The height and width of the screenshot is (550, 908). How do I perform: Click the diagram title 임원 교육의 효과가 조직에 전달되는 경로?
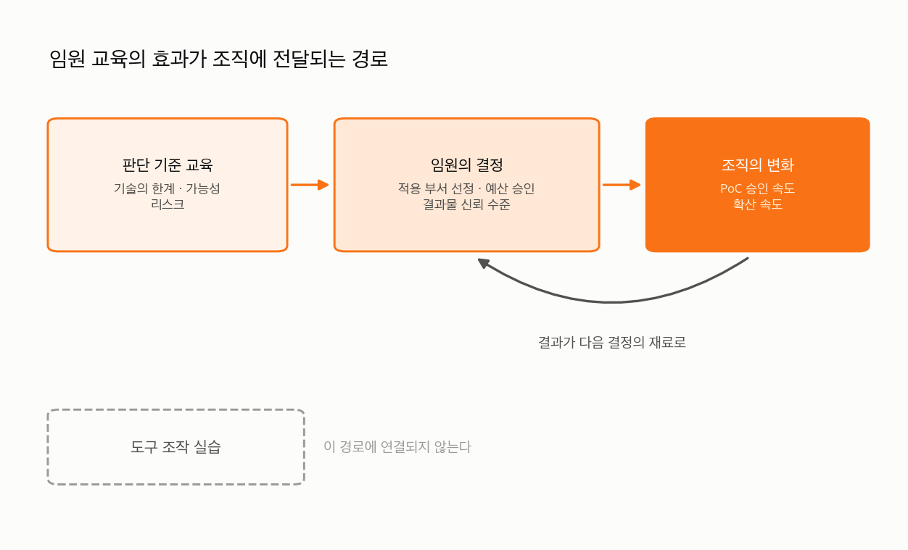coord(218,59)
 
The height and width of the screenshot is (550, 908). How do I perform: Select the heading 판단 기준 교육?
coord(168,164)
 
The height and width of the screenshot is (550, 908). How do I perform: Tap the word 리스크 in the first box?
coord(168,204)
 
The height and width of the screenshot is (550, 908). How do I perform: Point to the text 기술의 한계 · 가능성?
coord(167,188)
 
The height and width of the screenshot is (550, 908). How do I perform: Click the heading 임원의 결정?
coord(466,164)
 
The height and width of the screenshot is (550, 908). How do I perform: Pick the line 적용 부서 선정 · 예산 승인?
coord(466,188)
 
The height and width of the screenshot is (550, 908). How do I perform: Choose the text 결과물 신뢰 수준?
coord(466,204)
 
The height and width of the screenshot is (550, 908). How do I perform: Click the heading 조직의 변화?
coord(758,164)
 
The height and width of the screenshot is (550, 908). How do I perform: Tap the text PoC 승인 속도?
coord(757,188)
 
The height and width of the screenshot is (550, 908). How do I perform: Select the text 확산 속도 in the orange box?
coord(757,204)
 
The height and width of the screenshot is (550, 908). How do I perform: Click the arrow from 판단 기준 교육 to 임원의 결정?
coord(310,185)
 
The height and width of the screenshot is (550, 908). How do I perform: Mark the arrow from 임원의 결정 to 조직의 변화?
coord(622,185)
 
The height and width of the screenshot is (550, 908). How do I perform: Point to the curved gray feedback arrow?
coord(612,302)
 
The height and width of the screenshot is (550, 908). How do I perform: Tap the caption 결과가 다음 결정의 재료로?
coord(611,342)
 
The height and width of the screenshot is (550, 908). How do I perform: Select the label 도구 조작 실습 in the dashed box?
coord(176,446)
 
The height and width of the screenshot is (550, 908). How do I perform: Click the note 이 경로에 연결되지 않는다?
coord(397,446)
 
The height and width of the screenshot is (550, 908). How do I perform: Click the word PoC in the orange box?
coord(731,188)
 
